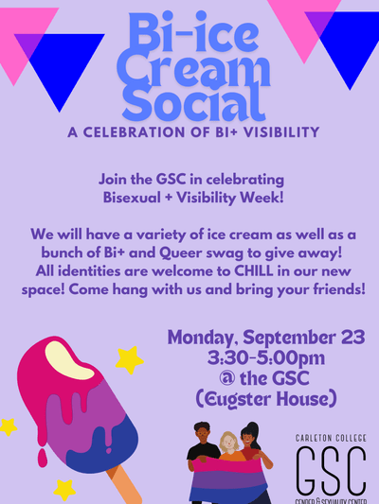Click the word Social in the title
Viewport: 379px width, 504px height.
194,102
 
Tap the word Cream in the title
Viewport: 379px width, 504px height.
193,68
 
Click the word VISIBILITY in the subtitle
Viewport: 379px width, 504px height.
280,132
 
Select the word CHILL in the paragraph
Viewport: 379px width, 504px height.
253,271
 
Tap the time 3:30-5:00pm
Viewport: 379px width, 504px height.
266,357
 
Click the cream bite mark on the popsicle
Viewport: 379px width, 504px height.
69,360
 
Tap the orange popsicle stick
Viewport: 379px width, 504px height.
125,484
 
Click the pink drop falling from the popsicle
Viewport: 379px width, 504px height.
43,458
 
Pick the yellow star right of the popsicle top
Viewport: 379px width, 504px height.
130,360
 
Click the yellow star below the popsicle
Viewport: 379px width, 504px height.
64,490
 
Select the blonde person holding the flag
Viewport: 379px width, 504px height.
229,450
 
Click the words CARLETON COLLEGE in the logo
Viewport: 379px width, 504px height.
331,438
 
